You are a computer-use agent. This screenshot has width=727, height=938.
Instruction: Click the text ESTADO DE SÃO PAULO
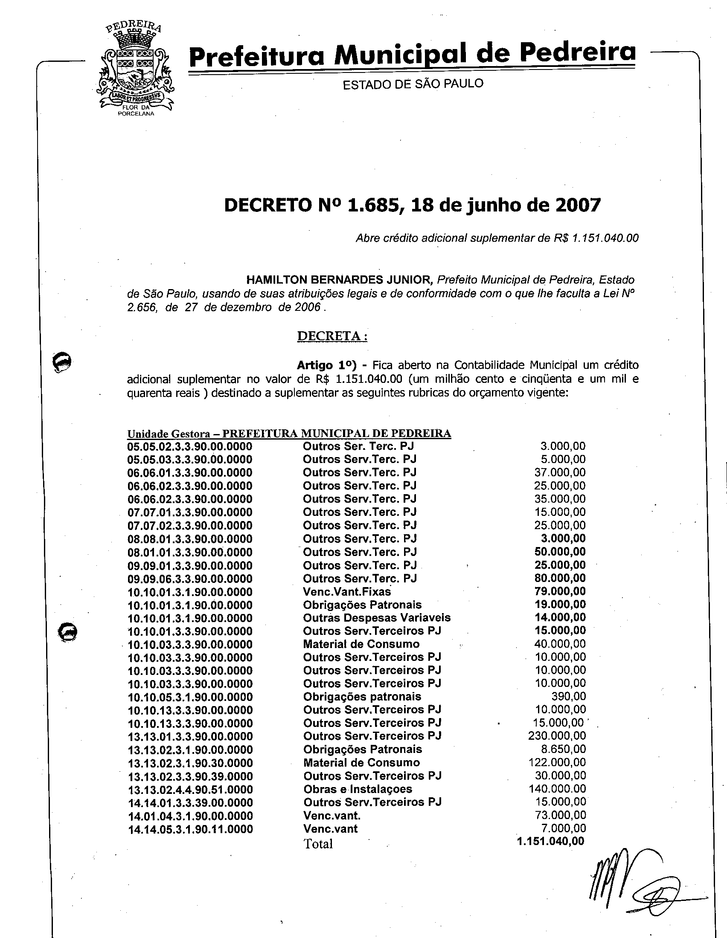coord(413,84)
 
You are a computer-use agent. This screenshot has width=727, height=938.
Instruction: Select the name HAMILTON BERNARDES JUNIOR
coord(339,280)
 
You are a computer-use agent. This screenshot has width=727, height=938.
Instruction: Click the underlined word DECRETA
coord(332,336)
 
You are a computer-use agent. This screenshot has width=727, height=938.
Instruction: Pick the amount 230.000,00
coord(557,736)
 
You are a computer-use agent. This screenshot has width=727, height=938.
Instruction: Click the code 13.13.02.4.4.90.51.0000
coord(190,789)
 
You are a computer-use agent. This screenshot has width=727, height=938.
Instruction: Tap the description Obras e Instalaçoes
coord(358,789)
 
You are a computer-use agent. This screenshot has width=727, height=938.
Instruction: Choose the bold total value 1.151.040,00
coord(550,841)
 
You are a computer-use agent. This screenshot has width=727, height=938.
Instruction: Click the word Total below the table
coord(318,844)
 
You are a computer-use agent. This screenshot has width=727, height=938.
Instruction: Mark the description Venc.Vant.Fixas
coord(347,591)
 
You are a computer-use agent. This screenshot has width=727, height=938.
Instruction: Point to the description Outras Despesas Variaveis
coord(376,618)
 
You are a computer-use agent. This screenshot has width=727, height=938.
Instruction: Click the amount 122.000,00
coord(557,762)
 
